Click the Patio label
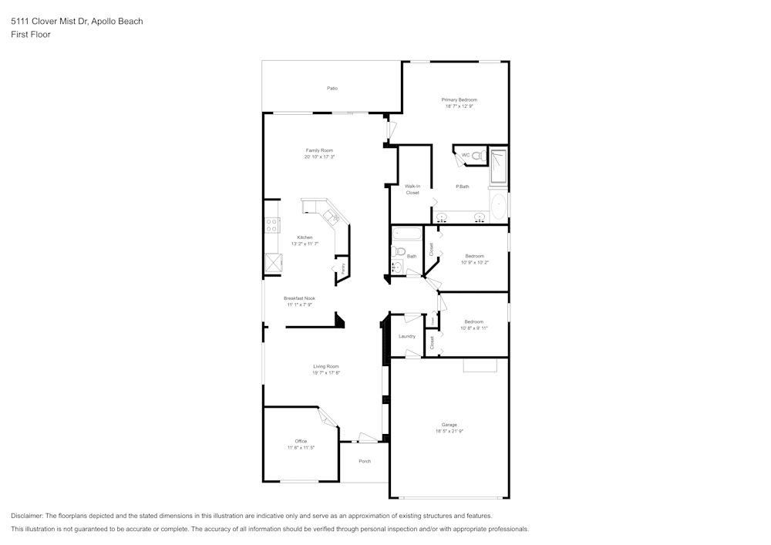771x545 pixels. pyautogui.click(x=332, y=89)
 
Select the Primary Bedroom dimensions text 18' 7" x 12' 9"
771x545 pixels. pyautogui.click(x=459, y=106)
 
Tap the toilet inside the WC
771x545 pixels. pyautogui.click(x=476, y=156)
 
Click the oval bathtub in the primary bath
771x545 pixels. pyautogui.click(x=499, y=207)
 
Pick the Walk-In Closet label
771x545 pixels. pyautogui.click(x=412, y=190)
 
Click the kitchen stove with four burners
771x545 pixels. pyautogui.click(x=271, y=225)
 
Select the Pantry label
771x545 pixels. pyautogui.click(x=342, y=268)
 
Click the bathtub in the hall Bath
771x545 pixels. pyautogui.click(x=406, y=234)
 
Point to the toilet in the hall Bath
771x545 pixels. pyautogui.click(x=399, y=251)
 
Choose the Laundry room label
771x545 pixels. pyautogui.click(x=407, y=336)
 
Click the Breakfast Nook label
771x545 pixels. pyautogui.click(x=299, y=298)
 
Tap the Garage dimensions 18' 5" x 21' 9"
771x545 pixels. pyautogui.click(x=449, y=431)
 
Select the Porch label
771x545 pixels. pyautogui.click(x=365, y=461)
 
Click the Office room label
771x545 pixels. pyautogui.click(x=301, y=441)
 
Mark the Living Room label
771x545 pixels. pyautogui.click(x=325, y=366)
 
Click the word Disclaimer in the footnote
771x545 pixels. pyautogui.click(x=27, y=516)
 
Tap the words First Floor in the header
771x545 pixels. pyautogui.click(x=31, y=35)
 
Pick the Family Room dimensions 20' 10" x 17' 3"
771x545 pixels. pyautogui.click(x=319, y=156)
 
